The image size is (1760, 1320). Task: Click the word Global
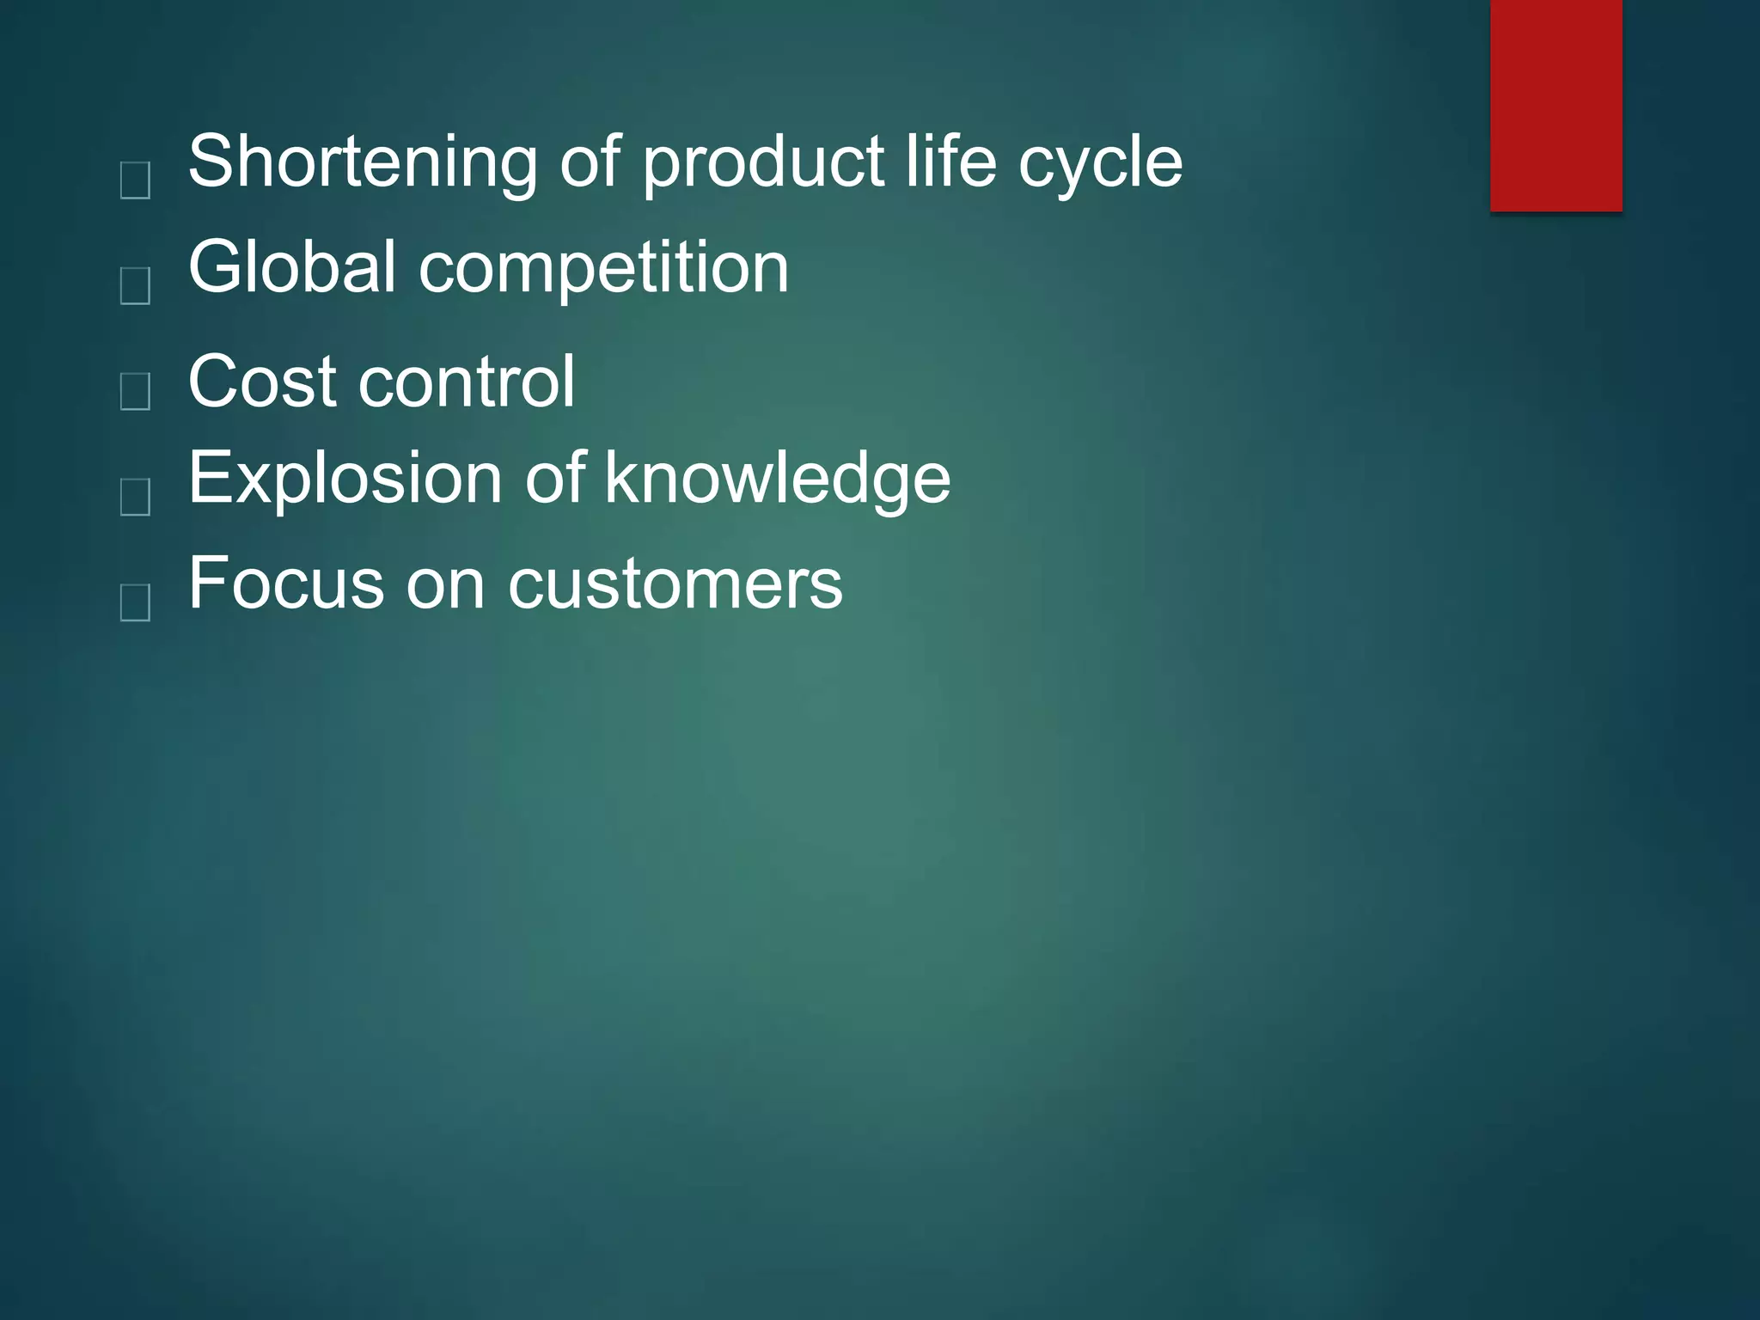292,267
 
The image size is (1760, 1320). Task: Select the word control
467,382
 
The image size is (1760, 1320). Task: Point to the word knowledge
777,480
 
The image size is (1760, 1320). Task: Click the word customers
675,585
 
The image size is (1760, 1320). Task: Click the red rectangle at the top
1555,105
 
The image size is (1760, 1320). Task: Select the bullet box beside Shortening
136,180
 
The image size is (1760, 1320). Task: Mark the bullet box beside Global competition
136,285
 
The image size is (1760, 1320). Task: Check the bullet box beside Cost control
136,391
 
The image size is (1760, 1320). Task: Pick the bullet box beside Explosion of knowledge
136,497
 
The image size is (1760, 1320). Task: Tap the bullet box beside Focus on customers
136,602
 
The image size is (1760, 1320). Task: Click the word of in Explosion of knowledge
555,478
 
